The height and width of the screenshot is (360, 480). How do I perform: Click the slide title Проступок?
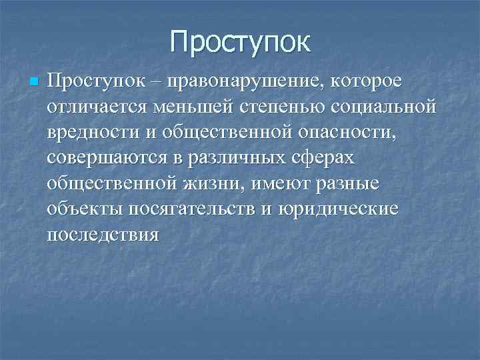pos(240,41)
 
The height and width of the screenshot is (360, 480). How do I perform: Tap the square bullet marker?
pos(35,81)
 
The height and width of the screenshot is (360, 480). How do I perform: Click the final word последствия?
pos(103,235)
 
